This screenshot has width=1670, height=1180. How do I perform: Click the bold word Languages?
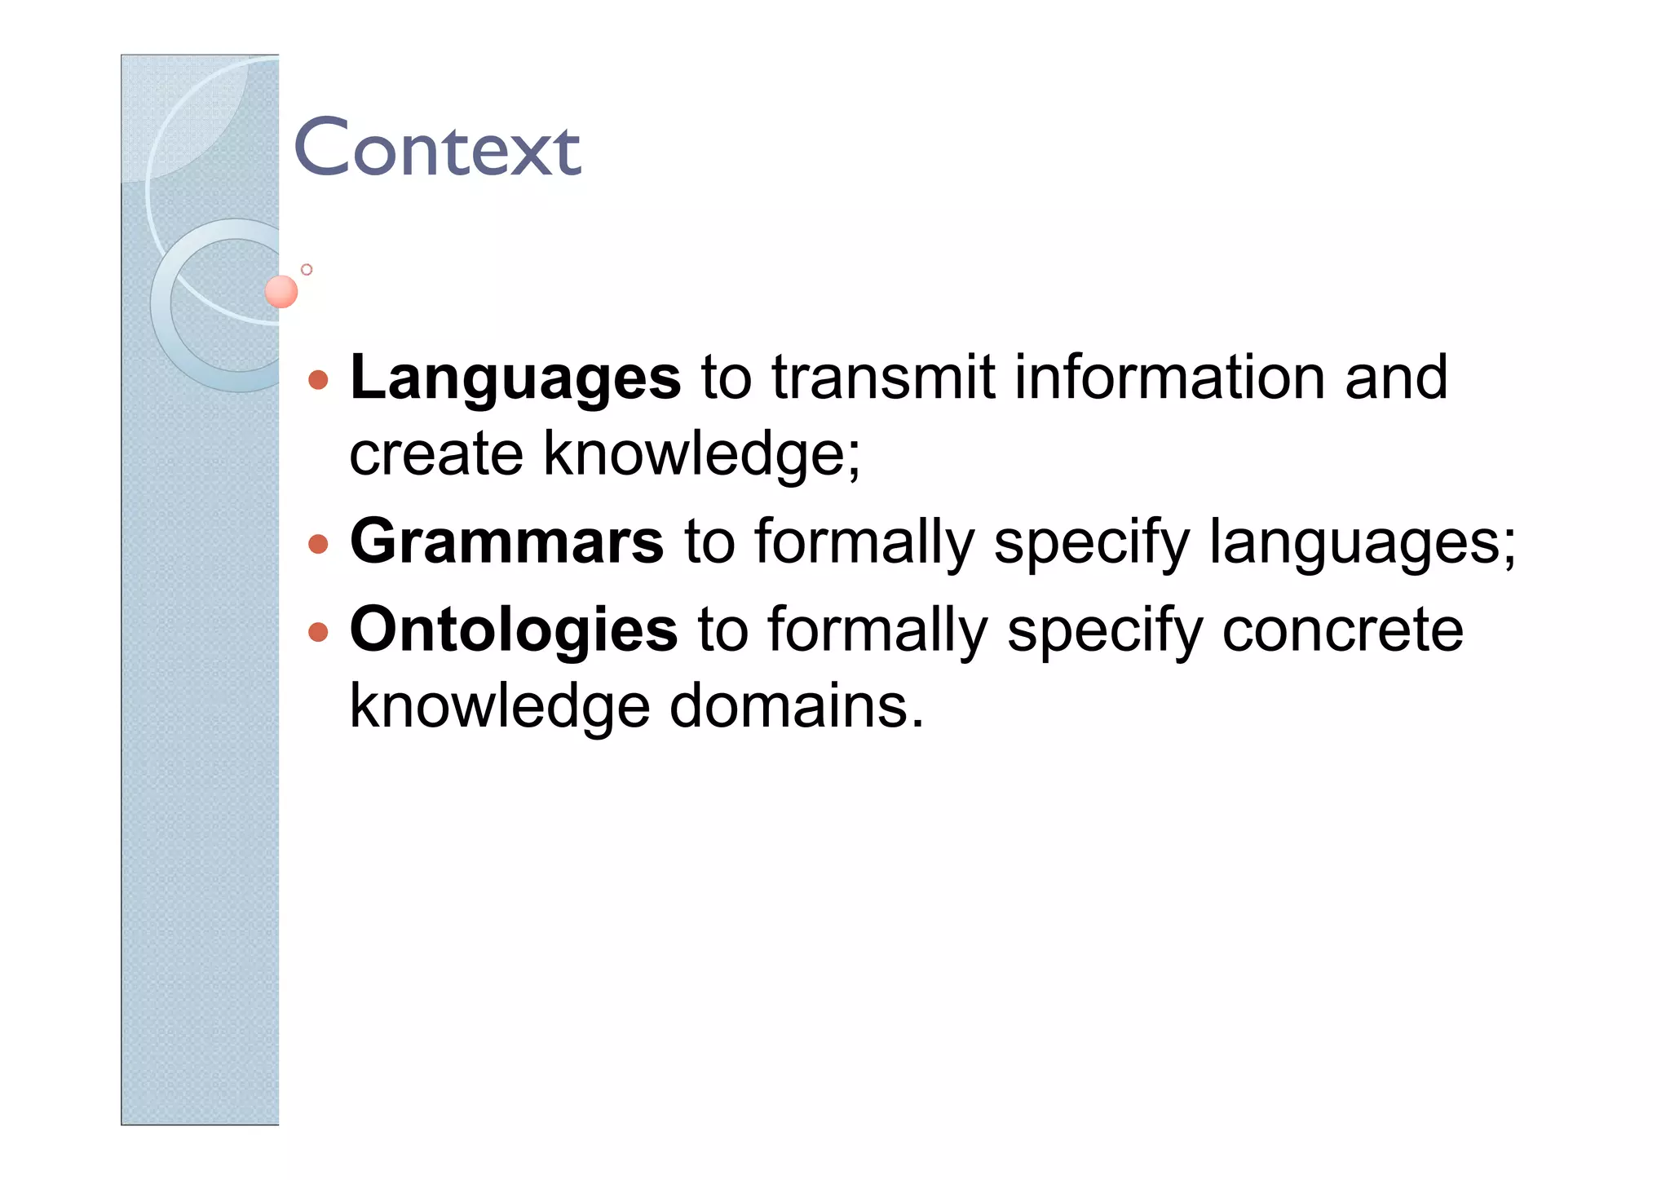[515, 378]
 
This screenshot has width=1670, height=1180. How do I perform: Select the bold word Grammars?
[506, 541]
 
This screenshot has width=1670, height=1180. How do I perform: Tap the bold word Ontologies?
[513, 630]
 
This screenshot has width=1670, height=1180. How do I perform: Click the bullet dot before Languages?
[319, 380]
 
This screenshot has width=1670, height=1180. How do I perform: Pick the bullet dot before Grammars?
[319, 544]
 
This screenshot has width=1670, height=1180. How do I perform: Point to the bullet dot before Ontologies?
[319, 632]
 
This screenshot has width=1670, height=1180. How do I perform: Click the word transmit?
[883, 378]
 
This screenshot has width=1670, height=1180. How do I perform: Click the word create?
[435, 454]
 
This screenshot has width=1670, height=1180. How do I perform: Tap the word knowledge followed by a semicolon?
[701, 454]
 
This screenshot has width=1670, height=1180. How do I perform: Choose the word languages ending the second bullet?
[1361, 543]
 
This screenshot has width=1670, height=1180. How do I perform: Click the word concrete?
[1342, 630]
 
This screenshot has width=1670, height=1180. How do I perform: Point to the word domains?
[797, 706]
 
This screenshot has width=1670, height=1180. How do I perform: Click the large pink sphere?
[281, 291]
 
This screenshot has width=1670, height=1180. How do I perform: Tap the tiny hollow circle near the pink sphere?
[307, 269]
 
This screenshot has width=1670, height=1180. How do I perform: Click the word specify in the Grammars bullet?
[1092, 543]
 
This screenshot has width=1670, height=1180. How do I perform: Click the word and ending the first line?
[1396, 378]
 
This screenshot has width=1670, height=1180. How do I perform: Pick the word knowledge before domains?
[499, 706]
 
